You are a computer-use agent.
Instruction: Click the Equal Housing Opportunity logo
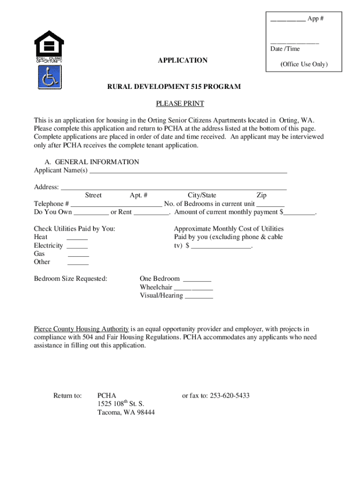pos(49,46)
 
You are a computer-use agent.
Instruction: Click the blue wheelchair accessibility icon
pos(49,77)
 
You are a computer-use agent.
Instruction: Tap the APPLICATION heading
pos(182,60)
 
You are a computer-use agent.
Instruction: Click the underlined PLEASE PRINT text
pos(180,103)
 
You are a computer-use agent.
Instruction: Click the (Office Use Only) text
pos(304,65)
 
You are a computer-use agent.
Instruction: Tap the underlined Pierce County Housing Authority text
pos(81,329)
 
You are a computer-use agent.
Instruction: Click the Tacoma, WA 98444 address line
pos(126,412)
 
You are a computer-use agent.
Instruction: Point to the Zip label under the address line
pos(261,195)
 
